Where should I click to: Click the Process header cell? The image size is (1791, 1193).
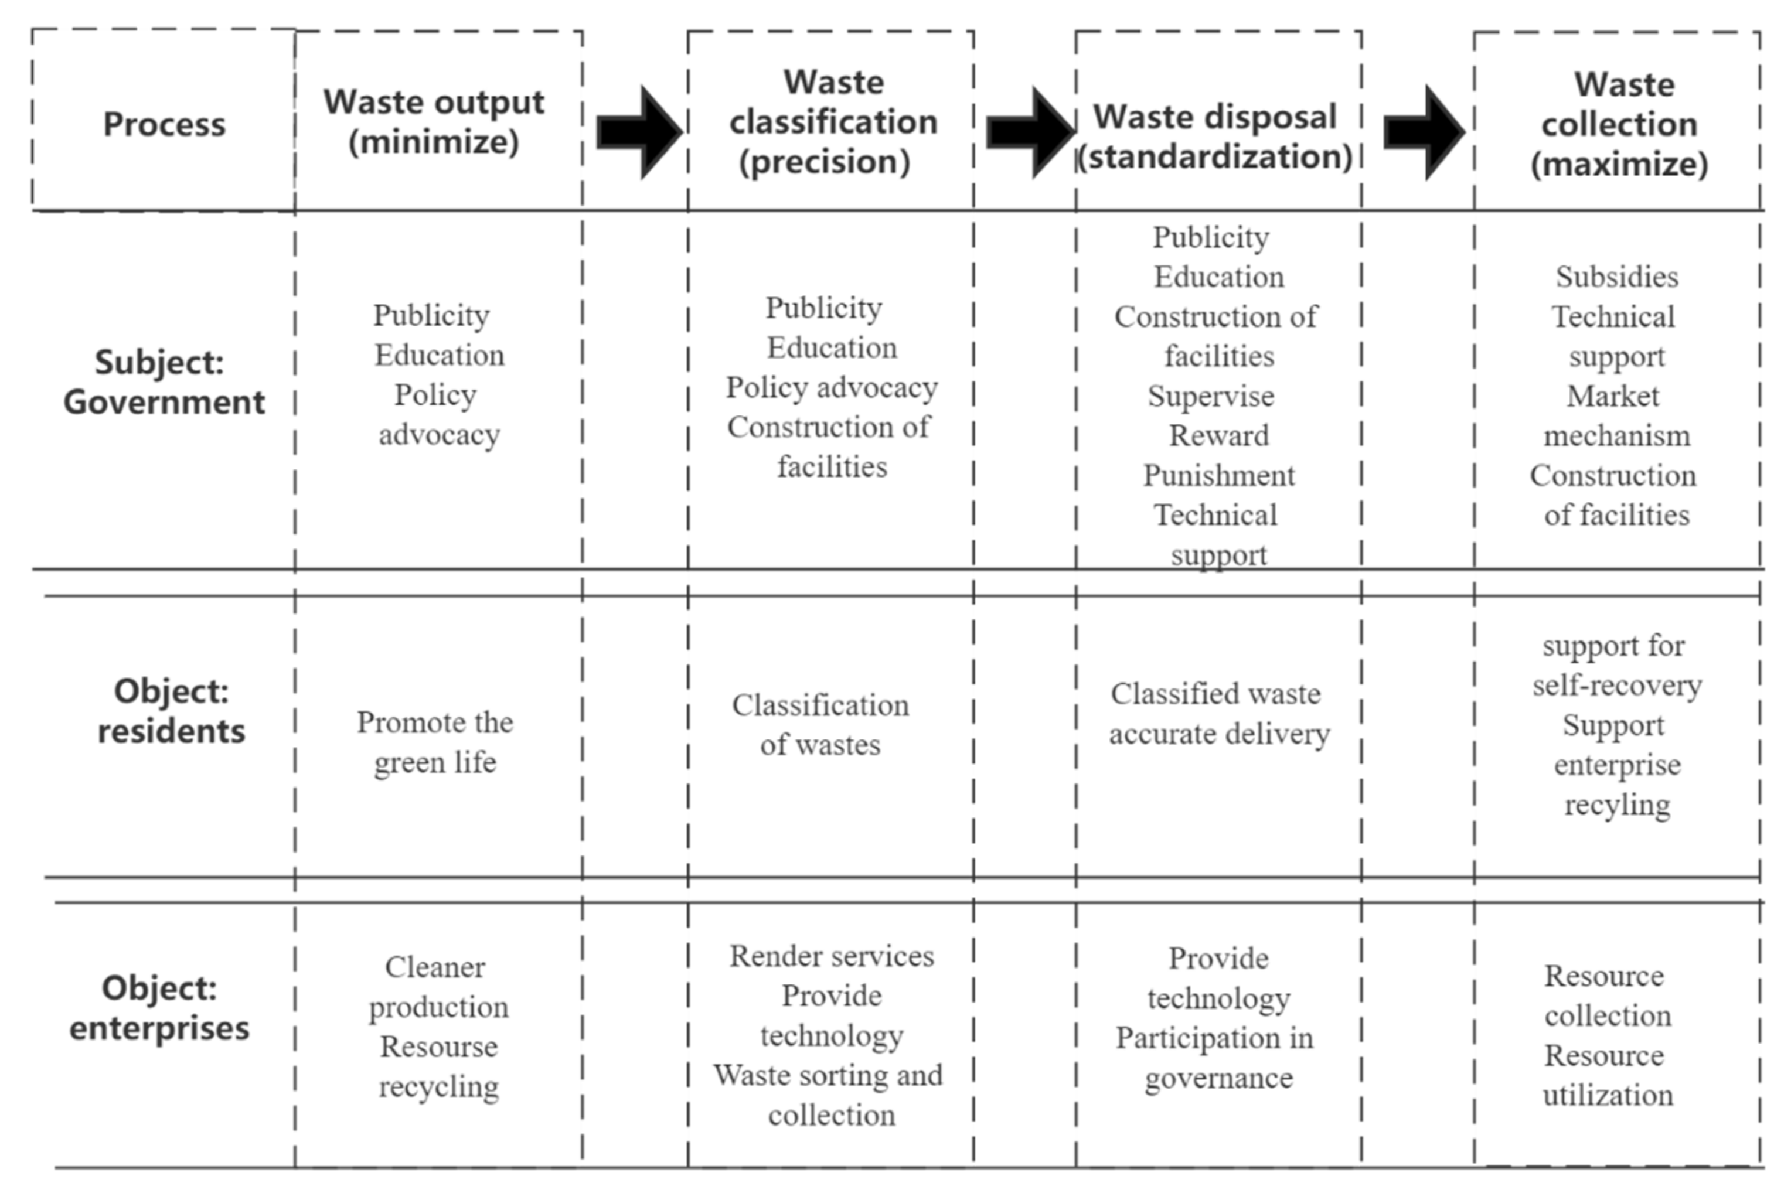(164, 124)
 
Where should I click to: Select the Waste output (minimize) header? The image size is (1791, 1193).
(434, 122)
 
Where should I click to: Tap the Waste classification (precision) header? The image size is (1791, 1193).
(832, 122)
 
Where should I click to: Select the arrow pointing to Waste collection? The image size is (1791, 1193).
(1423, 132)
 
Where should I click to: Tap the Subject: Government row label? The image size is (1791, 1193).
(164, 382)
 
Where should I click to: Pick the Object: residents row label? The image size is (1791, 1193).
(171, 711)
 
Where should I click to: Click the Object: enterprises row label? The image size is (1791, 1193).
(160, 1007)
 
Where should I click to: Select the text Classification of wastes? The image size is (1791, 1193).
(820, 724)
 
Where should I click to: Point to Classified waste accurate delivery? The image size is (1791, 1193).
(1218, 714)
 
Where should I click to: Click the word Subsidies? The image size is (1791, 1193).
(1617, 277)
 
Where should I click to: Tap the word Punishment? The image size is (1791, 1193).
(1218, 476)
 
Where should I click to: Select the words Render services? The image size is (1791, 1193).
(832, 956)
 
